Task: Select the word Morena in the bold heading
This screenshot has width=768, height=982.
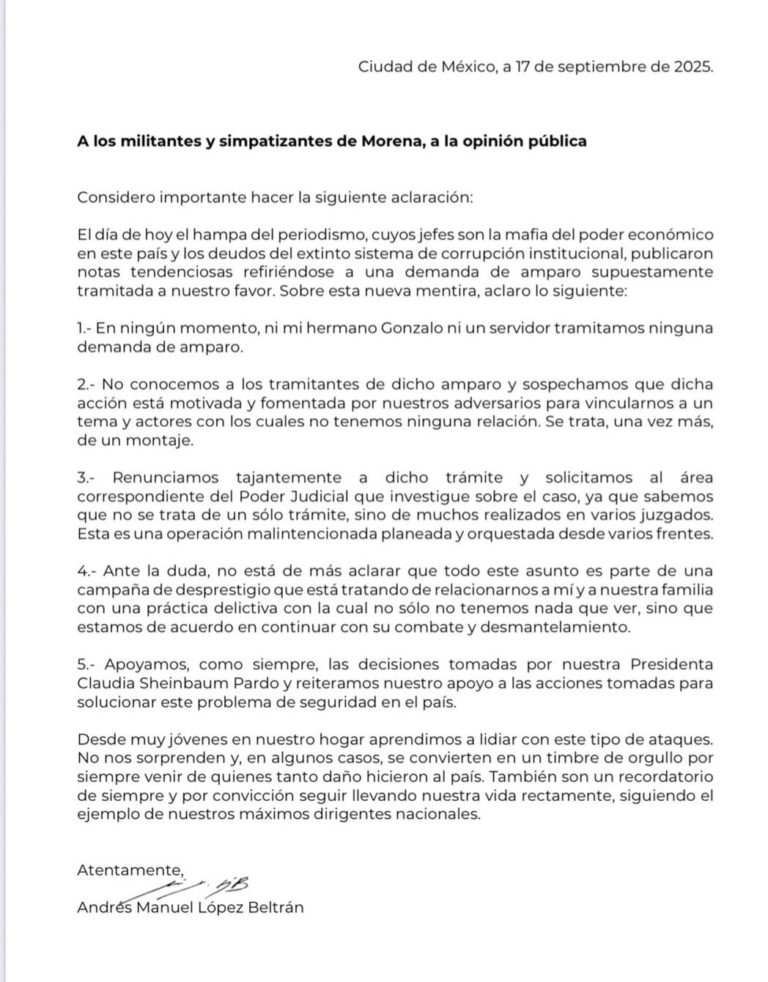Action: tap(388, 141)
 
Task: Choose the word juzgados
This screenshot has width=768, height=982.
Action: tap(678, 515)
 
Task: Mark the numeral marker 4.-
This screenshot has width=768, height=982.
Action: tap(86, 571)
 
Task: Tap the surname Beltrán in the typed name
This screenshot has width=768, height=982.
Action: tap(274, 908)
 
